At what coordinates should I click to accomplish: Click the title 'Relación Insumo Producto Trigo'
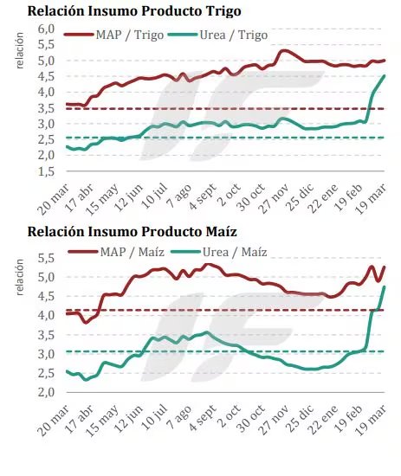(134, 12)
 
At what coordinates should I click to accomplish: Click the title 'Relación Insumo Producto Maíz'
(133, 232)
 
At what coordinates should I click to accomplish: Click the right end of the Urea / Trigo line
(385, 76)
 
